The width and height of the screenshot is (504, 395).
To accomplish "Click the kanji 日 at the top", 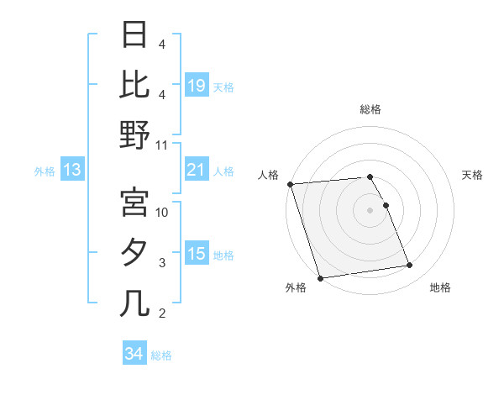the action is pos(134,34).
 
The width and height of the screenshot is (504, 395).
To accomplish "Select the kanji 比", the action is pos(134,84).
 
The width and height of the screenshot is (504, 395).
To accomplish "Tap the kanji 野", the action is pos(134,134).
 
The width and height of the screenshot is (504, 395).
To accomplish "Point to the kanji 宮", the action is pos(134,202).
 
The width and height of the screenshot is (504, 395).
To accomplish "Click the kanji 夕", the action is pos(134,253).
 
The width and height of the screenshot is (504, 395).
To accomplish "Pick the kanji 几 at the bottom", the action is pos(134,303).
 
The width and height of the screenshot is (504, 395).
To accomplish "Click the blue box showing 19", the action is pos(197,87).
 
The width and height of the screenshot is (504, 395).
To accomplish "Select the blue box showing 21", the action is pos(197,171).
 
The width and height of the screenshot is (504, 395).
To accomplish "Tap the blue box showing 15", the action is pos(197,255).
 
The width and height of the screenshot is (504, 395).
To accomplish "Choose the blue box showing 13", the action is pos(71,171).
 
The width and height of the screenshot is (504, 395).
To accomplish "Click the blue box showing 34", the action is pos(134,354).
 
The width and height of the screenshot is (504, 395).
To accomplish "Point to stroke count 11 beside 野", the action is pos(162,145).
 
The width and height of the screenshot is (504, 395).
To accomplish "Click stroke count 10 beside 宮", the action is pos(162,212).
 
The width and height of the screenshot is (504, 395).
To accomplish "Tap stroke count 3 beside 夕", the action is pos(162,263).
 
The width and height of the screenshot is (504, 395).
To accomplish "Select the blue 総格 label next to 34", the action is pos(161,355).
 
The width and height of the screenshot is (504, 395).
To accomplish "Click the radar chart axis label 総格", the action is pos(370,109).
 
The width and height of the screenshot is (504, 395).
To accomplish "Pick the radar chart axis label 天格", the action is pos(472,175).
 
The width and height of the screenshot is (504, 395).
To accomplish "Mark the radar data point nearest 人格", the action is pos(290,184).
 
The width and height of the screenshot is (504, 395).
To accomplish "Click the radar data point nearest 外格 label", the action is pos(320,278).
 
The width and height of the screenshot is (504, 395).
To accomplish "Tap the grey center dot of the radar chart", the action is pos(370,210).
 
